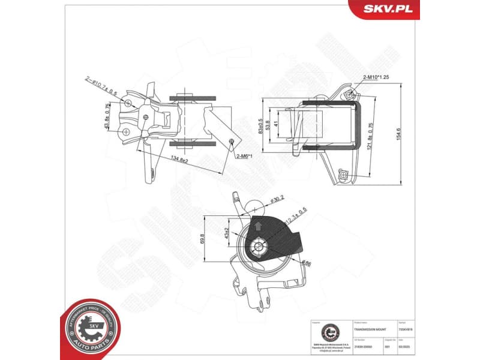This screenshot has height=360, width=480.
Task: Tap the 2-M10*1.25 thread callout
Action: (376, 77)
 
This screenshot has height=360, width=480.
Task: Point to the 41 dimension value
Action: (275, 127)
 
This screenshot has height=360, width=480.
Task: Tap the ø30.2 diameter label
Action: (279, 199)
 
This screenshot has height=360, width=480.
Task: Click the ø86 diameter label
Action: (307, 262)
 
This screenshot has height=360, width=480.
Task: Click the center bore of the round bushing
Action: (259, 246)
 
